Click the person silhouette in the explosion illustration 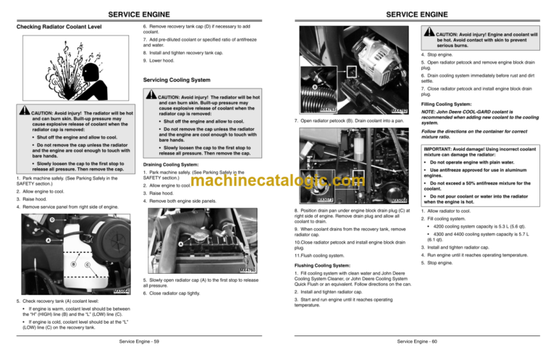pyautogui.click(x=86, y=75)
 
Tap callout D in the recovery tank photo pyautogui.click(x=51, y=219)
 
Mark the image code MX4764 pyautogui.click(x=122, y=292)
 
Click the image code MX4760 pyautogui.click(x=248, y=270)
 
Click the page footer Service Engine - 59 pyautogui.click(x=139, y=340)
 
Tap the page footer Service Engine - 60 pyautogui.click(x=417, y=340)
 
